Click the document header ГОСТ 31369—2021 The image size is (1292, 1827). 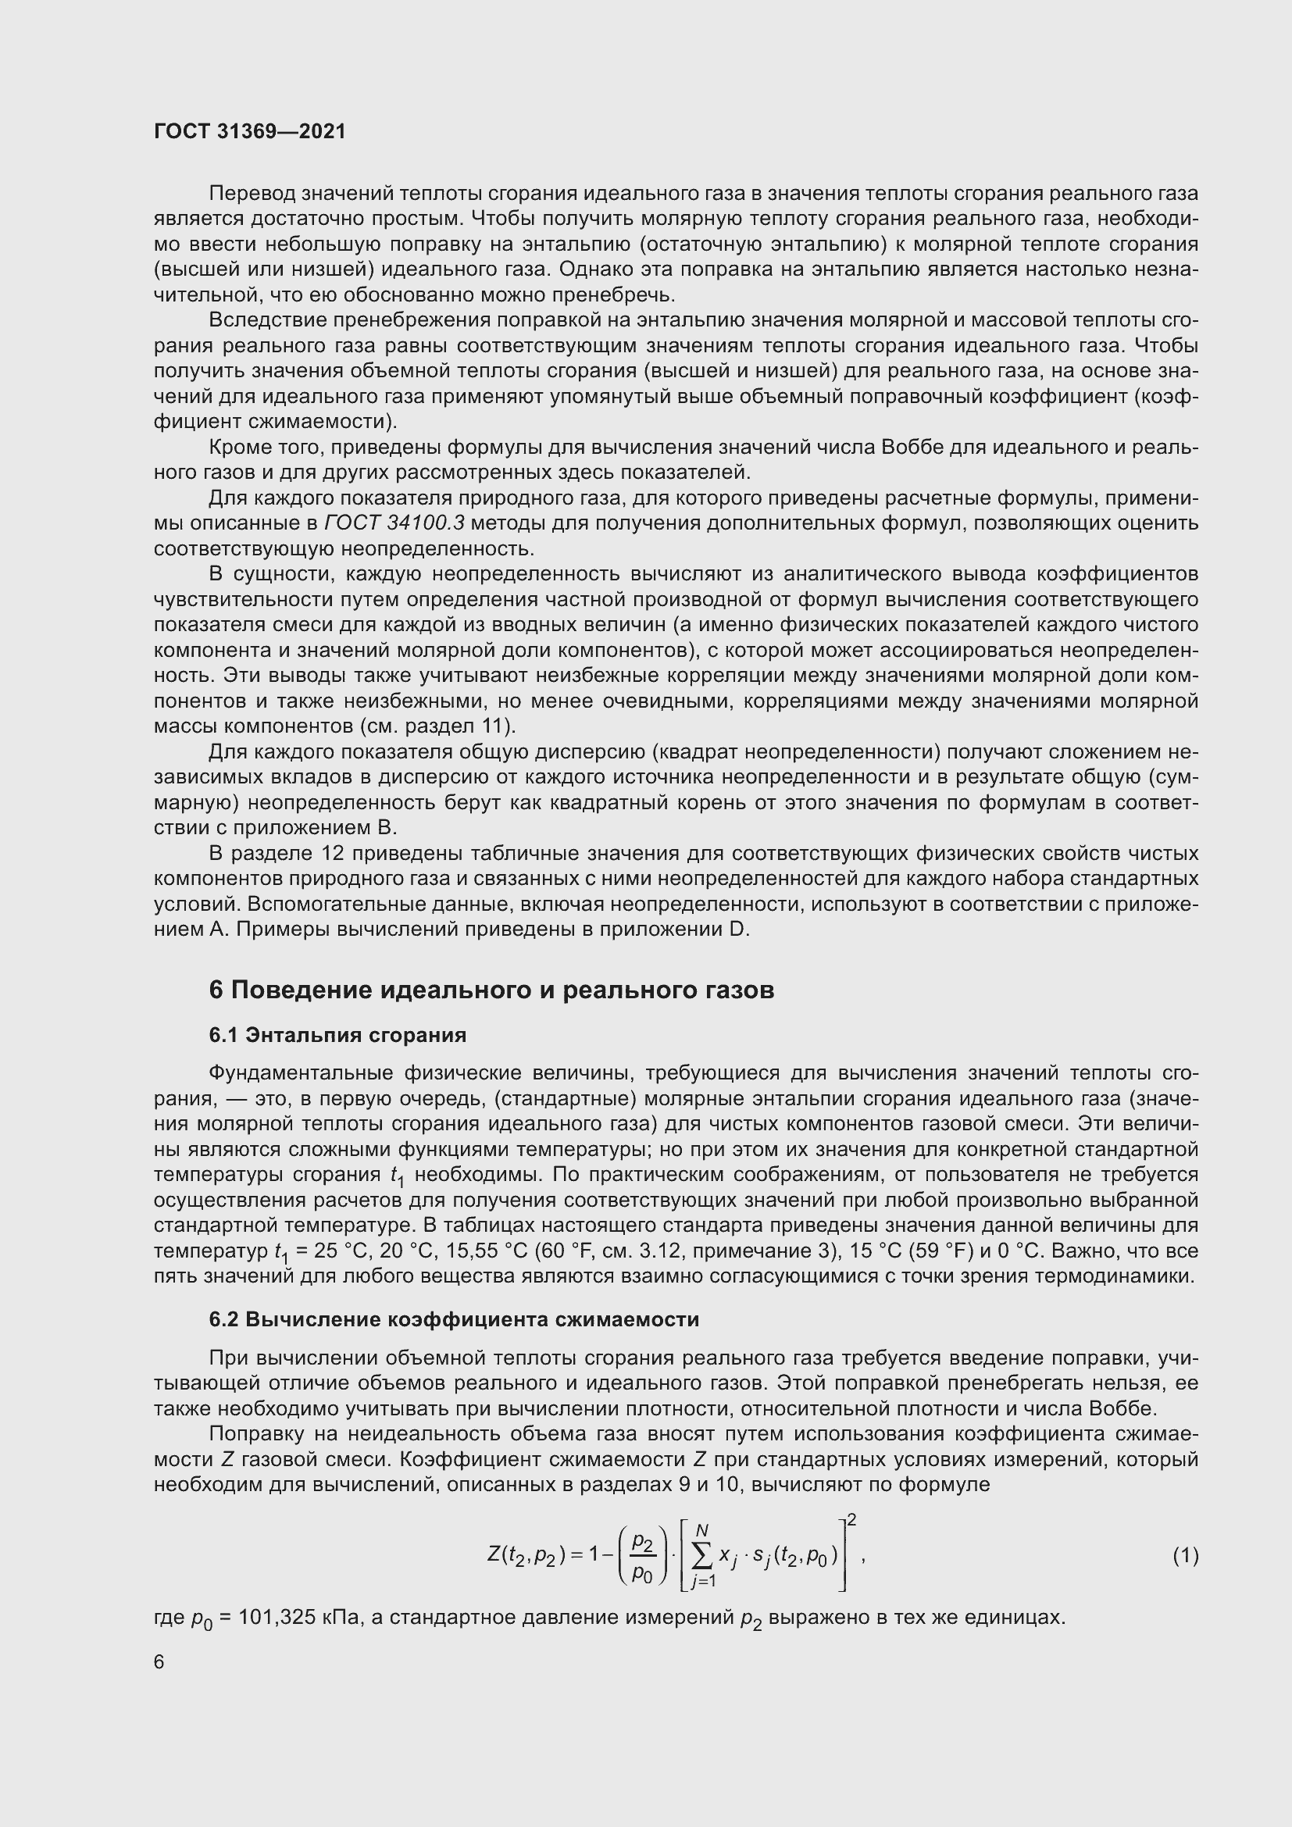[x=250, y=132]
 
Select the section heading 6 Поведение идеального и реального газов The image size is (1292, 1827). [x=491, y=990]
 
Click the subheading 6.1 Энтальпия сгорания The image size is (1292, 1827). [x=337, y=1035]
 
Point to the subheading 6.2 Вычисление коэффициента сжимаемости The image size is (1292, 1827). [x=454, y=1319]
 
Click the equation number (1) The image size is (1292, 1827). [x=1186, y=1555]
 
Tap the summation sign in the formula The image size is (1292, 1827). [x=702, y=1556]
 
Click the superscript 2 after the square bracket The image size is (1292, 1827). [x=851, y=1521]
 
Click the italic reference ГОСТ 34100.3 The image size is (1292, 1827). [x=394, y=523]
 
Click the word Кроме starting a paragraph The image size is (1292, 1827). [x=239, y=448]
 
